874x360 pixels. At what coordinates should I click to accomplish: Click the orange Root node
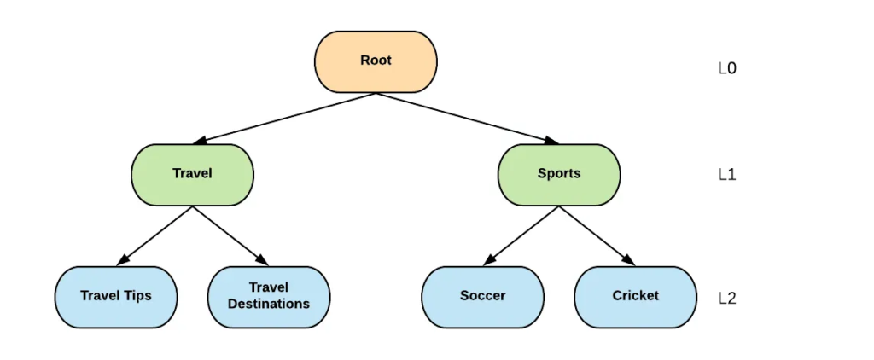pos(376,61)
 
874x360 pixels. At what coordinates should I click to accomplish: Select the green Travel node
pos(192,174)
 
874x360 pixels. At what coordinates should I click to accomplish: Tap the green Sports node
pos(559,174)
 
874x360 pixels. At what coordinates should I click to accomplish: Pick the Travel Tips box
pos(116,296)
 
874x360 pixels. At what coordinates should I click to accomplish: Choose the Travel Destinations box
pos(269,296)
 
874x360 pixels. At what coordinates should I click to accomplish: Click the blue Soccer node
pos(482,296)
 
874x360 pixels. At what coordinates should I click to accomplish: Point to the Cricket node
pos(635,296)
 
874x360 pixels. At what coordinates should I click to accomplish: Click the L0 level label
pos(726,69)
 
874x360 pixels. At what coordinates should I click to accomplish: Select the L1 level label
pos(726,175)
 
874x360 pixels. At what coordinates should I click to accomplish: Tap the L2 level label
pos(726,299)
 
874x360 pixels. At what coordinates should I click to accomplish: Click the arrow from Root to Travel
pos(286,118)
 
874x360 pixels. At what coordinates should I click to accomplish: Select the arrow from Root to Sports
pos(465,118)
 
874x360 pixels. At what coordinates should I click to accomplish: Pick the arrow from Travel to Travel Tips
pos(155,235)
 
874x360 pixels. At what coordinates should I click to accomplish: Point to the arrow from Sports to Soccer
pos(521,235)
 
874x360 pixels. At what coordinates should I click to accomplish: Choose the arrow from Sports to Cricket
pos(597,235)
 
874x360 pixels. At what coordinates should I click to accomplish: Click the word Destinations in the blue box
pos(269,304)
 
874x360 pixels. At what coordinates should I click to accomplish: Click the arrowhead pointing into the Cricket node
pos(629,260)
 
